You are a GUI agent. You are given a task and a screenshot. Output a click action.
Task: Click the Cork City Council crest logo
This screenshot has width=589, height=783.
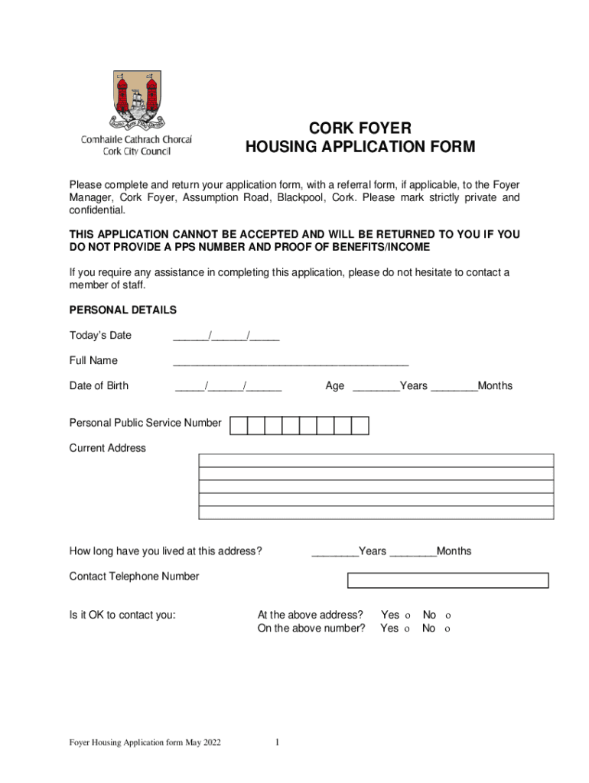[138, 99]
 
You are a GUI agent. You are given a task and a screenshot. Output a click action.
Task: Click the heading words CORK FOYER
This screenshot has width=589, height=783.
[360, 127]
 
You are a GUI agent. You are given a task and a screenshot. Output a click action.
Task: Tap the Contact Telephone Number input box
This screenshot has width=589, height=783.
[447, 580]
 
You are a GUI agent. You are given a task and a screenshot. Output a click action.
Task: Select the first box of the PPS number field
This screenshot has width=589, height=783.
[239, 425]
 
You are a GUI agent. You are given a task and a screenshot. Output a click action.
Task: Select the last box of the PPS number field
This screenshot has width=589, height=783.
[360, 425]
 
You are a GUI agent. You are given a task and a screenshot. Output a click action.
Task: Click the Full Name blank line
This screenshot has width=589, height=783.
[291, 361]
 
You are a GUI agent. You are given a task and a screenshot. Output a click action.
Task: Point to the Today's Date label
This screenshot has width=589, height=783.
[100, 336]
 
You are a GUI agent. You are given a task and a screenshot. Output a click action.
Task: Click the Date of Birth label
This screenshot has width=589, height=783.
[99, 386]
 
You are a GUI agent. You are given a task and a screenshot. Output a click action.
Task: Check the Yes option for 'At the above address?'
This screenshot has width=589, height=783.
[407, 616]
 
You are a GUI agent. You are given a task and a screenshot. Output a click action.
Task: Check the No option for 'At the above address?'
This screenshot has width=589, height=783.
[448, 616]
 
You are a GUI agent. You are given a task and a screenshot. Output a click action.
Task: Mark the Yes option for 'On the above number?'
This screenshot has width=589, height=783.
[407, 629]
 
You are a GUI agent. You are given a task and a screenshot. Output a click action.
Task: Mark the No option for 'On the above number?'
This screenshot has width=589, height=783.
[447, 629]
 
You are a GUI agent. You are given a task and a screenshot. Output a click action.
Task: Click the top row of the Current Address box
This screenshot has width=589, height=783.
[376, 460]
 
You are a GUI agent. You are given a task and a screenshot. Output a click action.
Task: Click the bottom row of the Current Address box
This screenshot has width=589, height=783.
[376, 513]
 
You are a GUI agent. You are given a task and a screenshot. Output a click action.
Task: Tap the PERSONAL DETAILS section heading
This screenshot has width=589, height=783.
[123, 310]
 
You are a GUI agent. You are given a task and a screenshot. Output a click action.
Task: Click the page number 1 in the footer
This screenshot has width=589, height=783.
[278, 742]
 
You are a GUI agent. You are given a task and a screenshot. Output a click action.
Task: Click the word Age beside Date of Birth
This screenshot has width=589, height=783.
[334, 386]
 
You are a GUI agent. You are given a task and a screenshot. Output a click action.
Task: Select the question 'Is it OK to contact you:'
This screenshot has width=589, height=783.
[122, 615]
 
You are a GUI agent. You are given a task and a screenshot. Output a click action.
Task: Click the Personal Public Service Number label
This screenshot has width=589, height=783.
[145, 423]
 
